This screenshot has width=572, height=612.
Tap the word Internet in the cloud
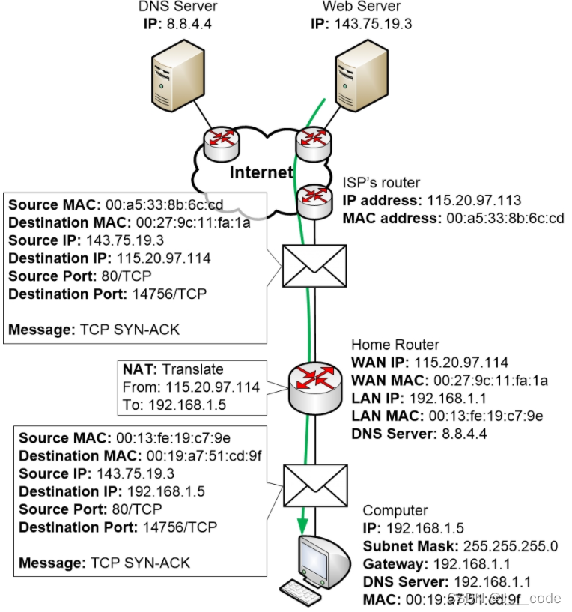[261, 173]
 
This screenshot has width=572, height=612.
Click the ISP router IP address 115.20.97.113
[474, 201]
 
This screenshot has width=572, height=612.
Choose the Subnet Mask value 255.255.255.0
[511, 545]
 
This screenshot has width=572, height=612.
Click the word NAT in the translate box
[140, 369]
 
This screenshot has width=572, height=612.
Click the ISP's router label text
[381, 183]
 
